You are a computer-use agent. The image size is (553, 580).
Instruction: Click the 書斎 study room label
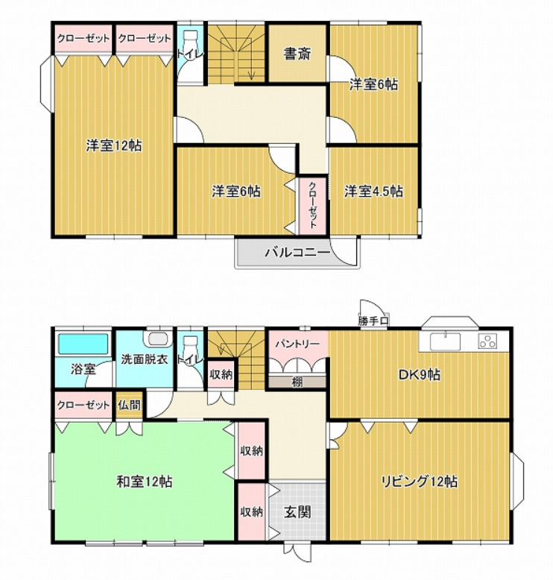coord(297,54)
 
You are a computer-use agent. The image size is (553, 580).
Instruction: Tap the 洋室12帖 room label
coord(114,145)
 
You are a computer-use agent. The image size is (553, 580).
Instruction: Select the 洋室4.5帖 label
coord(373,192)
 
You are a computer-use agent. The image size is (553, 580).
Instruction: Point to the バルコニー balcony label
coord(297,253)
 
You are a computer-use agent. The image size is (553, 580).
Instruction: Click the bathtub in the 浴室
coord(83,344)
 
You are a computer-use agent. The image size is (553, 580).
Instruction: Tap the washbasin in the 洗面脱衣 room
coord(159,338)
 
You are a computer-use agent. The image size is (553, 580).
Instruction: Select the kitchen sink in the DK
coord(445,341)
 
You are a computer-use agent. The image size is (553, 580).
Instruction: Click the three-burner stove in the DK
coord(488,341)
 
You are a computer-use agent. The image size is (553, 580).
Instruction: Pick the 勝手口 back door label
coord(373,321)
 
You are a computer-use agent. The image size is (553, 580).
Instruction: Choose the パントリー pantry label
coord(297,344)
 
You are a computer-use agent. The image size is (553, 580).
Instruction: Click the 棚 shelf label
coord(297,382)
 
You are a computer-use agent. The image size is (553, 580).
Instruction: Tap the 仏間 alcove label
coord(129,405)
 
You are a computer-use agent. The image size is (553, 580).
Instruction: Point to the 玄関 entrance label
coord(297,512)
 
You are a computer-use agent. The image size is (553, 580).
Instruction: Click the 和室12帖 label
coord(145,482)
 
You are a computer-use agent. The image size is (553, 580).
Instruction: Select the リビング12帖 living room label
coord(420,482)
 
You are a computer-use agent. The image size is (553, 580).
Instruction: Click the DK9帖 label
coord(419,375)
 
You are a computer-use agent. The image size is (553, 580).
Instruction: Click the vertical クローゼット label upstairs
coord(313,205)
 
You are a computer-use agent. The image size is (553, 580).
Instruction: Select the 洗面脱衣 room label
coord(145,359)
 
